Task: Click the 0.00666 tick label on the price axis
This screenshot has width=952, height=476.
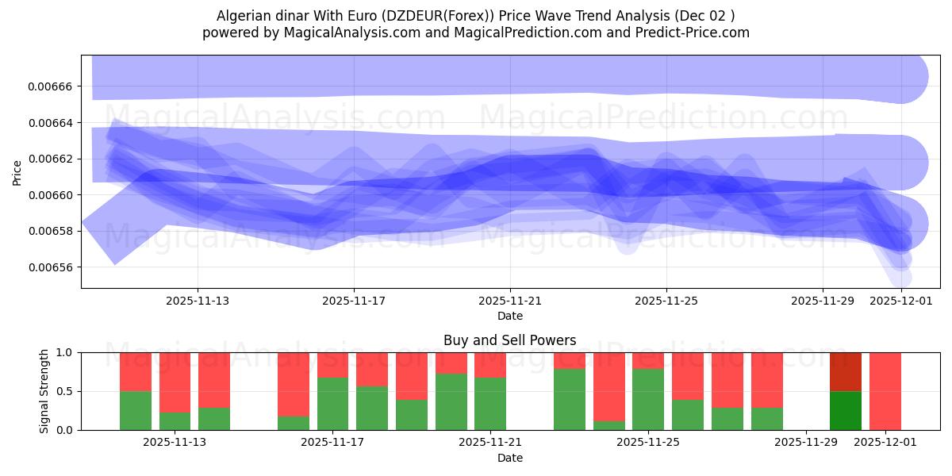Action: coord(51,86)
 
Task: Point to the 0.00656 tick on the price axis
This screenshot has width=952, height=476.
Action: coord(51,267)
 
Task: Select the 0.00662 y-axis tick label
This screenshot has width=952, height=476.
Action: coord(51,159)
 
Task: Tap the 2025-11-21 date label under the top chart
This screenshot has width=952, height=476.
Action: coord(510,301)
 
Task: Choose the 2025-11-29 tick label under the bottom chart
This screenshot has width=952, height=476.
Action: coord(805,443)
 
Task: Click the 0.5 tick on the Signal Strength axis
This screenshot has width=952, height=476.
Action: coord(64,391)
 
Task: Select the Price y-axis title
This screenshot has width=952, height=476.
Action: coord(17,172)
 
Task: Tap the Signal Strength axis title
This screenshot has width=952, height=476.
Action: coord(44,391)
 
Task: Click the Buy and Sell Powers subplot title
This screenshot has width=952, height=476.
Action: coord(510,340)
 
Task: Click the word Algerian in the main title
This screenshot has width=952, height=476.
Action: coord(242,16)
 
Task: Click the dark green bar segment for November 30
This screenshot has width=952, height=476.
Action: coord(845,410)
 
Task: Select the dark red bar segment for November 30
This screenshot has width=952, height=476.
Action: coord(845,372)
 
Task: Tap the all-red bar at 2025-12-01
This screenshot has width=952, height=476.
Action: coord(885,391)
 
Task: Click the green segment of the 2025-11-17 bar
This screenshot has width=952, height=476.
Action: coord(332,404)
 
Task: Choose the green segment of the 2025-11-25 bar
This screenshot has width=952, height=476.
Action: coord(648,400)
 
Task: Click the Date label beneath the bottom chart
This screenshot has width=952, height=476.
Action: coord(510,458)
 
